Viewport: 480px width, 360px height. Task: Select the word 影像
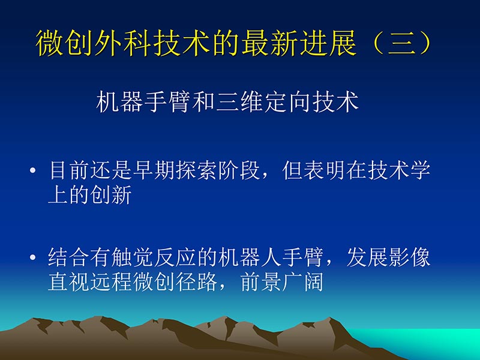(x=410, y=259)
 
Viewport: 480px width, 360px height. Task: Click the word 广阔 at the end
(x=304, y=281)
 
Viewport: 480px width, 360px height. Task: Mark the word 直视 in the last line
(x=68, y=281)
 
